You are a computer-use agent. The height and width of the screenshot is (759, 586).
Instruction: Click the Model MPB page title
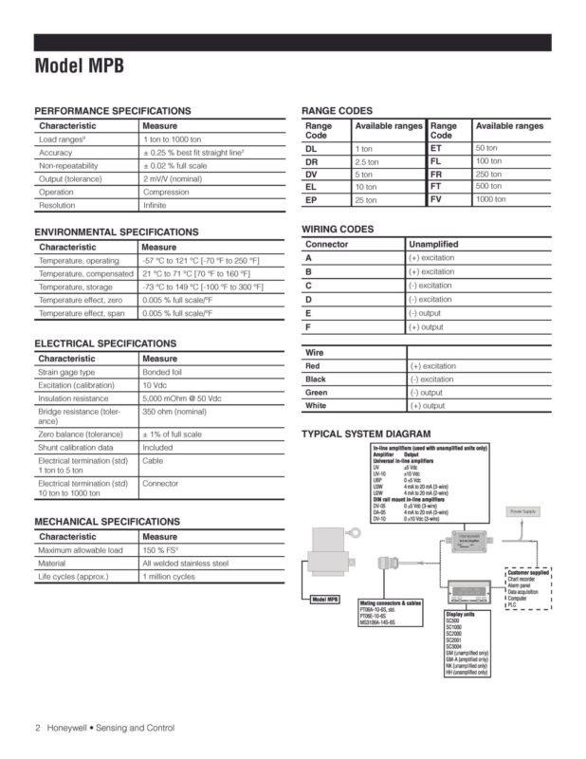(79, 66)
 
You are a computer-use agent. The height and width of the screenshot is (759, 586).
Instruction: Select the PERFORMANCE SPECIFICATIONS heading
(112, 111)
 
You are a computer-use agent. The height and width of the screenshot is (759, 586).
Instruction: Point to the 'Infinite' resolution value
(155, 205)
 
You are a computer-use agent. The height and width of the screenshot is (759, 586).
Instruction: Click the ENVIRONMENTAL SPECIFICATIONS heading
(117, 231)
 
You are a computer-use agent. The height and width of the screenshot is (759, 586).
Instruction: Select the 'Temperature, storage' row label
(75, 287)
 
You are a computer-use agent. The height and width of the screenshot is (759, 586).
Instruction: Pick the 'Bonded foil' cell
(164, 373)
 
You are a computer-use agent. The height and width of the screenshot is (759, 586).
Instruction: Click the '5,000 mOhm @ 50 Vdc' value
(181, 399)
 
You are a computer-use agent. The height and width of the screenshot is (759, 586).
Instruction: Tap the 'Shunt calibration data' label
(76, 447)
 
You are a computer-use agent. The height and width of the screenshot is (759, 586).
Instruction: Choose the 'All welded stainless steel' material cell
(185, 563)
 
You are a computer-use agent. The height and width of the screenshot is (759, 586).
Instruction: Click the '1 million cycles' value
(169, 576)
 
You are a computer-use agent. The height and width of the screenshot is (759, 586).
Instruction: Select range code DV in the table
(312, 175)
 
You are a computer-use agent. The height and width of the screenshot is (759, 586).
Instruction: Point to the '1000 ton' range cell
(490, 199)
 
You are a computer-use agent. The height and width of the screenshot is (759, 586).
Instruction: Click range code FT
(436, 187)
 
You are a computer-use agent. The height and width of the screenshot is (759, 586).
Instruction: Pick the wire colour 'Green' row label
(317, 392)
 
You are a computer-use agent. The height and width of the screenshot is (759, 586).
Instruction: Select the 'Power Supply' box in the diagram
(522, 511)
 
